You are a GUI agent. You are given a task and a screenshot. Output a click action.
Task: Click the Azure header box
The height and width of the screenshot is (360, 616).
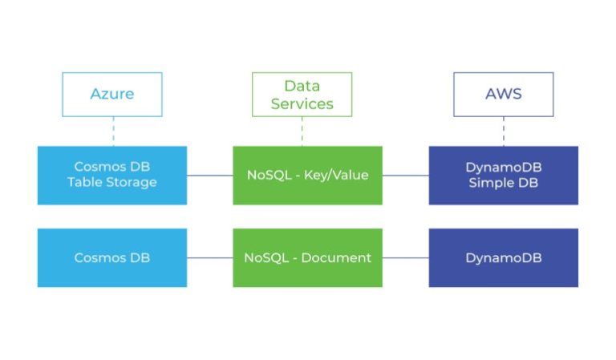click(112, 94)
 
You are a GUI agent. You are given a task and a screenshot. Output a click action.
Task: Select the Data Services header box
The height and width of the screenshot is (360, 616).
click(302, 94)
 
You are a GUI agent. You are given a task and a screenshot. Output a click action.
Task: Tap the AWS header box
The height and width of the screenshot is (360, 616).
click(503, 94)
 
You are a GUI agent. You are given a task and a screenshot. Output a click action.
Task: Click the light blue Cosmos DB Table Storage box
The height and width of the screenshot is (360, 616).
click(112, 175)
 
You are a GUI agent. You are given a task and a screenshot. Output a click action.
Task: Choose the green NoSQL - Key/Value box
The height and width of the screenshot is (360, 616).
click(307, 175)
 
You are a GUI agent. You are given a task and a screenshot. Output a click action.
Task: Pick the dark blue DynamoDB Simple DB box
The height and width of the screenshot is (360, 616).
click(503, 175)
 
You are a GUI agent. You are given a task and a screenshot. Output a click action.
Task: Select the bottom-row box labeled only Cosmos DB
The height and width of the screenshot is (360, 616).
click(112, 257)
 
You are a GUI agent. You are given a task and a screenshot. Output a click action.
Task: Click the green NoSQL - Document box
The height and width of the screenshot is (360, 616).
click(307, 257)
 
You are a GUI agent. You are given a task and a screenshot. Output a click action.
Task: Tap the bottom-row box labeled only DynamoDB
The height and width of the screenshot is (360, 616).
click(503, 257)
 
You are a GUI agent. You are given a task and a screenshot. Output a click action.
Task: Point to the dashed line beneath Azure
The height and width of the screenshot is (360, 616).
click(113, 131)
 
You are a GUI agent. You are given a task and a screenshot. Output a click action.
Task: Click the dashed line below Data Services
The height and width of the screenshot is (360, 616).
click(302, 131)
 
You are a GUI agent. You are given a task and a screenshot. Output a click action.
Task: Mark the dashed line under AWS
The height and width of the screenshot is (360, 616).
click(504, 131)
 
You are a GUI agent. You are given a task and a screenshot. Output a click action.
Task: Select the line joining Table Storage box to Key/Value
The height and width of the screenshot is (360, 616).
click(209, 175)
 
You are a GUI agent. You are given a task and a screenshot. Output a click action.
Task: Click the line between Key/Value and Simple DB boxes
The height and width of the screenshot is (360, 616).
click(405, 175)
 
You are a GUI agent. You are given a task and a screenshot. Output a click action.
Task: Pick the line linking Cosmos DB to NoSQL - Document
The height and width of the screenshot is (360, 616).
click(209, 257)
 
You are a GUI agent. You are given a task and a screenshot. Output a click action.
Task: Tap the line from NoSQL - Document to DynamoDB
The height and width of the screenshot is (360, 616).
click(405, 257)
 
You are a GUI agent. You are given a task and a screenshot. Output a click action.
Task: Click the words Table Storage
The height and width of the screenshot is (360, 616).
click(112, 182)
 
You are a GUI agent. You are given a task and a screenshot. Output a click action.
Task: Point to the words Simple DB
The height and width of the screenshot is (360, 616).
click(503, 182)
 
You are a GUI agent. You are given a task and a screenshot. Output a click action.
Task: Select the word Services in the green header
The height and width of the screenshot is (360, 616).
click(302, 103)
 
